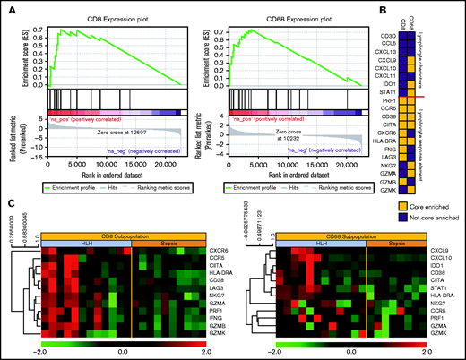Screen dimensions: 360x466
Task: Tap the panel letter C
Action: click(x=7, y=202)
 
